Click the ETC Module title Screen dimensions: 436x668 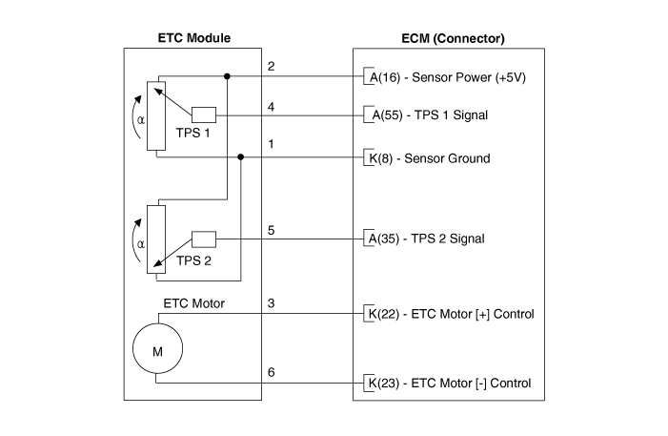pyautogui.click(x=193, y=38)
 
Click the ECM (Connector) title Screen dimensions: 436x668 pyautogui.click(x=454, y=38)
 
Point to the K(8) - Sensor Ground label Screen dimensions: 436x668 pyautogui.click(x=428, y=157)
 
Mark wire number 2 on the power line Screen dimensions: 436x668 pyautogui.click(x=272, y=67)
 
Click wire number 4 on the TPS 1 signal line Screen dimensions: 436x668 pyautogui.click(x=272, y=107)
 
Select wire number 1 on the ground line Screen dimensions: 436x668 pyautogui.click(x=272, y=145)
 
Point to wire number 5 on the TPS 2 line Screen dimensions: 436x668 pyautogui.click(x=272, y=229)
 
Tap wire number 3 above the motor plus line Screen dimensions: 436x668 pyautogui.click(x=272, y=304)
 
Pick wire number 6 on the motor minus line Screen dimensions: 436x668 pyautogui.click(x=272, y=372)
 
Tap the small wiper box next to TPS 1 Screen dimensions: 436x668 pyautogui.click(x=204, y=114)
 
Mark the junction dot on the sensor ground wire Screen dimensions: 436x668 pyautogui.click(x=241, y=157)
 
